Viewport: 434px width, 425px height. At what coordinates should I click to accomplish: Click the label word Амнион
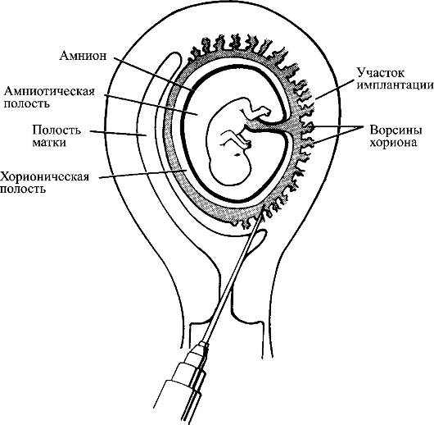(83, 56)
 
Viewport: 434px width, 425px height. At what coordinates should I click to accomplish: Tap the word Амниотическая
(49, 91)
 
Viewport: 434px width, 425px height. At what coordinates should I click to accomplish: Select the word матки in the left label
(49, 143)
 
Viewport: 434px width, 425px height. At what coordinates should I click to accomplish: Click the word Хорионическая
(45, 176)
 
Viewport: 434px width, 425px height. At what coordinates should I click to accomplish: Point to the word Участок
(381, 73)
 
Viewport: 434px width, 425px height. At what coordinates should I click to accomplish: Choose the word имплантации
(396, 85)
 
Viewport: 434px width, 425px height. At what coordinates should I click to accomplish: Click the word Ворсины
(396, 130)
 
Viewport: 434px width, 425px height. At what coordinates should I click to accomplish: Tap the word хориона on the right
(393, 143)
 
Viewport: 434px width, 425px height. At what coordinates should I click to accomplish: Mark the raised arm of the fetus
(256, 110)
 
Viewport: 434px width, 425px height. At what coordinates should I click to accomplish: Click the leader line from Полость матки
(118, 133)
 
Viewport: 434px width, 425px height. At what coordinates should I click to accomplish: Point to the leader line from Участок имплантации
(336, 89)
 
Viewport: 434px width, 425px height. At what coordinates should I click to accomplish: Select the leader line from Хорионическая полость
(143, 174)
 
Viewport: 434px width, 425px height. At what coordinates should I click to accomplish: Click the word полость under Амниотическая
(26, 103)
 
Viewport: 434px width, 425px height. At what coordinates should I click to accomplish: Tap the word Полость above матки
(57, 130)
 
